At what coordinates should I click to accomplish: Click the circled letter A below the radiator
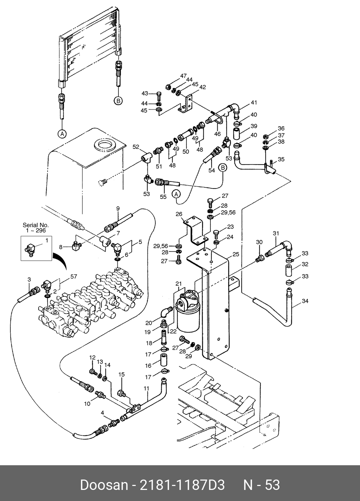click(62, 134)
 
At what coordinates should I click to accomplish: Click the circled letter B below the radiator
click(118, 100)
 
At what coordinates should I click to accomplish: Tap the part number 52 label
click(136, 147)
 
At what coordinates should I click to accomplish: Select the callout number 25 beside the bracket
click(236, 254)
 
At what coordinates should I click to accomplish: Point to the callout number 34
click(305, 301)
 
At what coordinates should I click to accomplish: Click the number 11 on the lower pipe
click(146, 388)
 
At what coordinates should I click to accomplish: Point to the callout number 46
click(218, 134)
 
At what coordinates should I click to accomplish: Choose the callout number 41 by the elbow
click(254, 103)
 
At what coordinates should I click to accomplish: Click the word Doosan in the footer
click(104, 485)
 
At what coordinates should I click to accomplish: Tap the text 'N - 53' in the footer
click(262, 485)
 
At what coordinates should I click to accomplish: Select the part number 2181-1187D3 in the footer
click(182, 485)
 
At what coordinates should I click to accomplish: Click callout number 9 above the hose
click(118, 208)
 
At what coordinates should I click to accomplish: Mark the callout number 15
click(122, 374)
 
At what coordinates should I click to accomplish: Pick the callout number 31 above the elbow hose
click(276, 234)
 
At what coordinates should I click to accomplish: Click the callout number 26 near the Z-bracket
click(179, 214)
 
